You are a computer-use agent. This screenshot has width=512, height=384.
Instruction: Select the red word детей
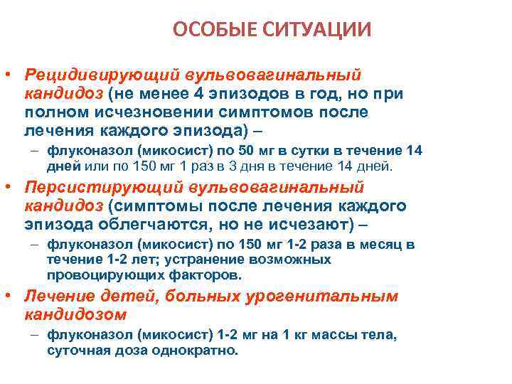117,297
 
